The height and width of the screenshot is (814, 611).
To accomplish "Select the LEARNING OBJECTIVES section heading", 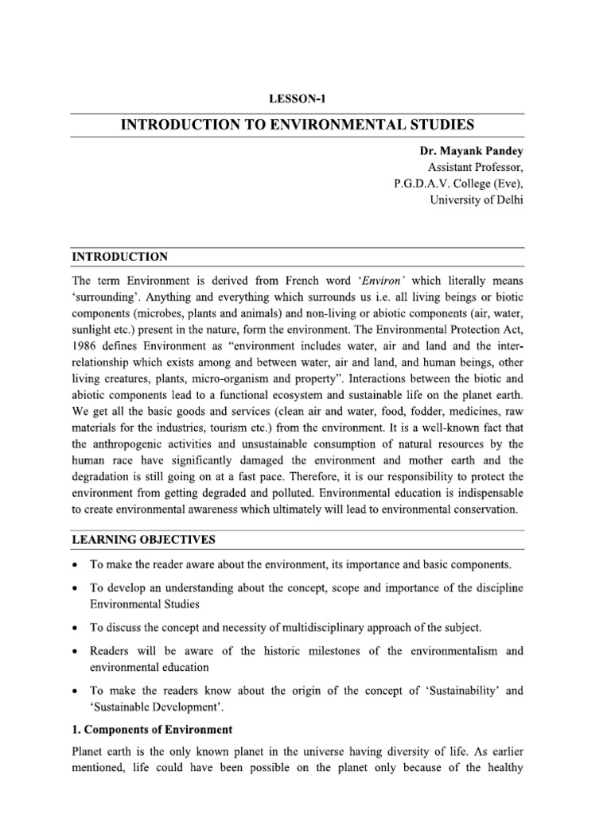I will [143, 540].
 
